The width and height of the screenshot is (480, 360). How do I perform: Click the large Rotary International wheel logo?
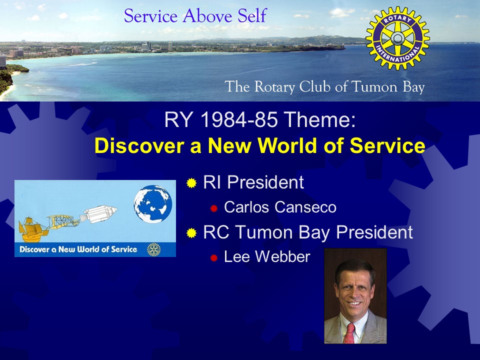(x=397, y=38)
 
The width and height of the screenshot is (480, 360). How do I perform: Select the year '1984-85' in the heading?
(x=239, y=119)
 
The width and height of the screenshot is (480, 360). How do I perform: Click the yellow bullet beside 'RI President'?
(x=191, y=183)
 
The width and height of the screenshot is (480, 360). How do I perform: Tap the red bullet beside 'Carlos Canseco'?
(x=214, y=208)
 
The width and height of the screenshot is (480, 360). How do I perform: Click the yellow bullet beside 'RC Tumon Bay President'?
(x=191, y=233)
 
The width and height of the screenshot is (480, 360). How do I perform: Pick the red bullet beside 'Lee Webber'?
(x=214, y=258)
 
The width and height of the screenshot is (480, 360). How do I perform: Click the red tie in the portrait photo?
(x=349, y=333)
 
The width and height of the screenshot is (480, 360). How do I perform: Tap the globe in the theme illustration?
(x=153, y=204)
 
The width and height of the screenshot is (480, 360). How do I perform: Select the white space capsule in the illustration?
(x=99, y=213)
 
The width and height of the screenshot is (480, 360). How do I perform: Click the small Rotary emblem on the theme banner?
(x=154, y=249)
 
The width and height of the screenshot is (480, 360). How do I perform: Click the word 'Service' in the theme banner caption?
(x=124, y=249)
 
